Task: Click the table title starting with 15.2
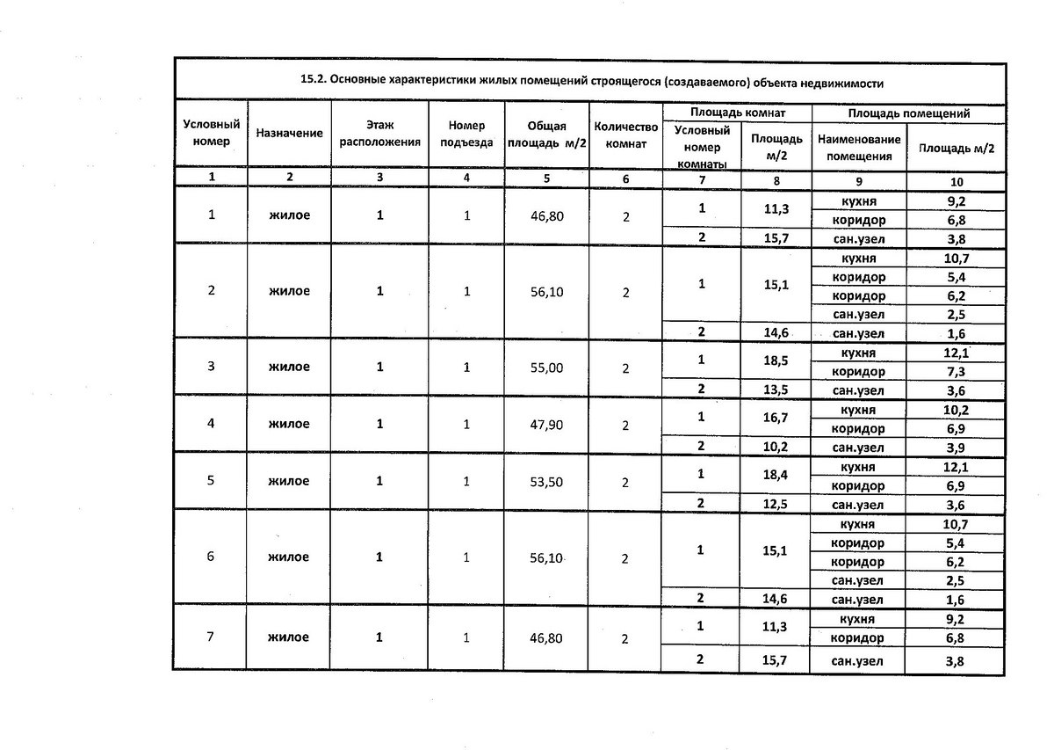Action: pyautogui.click(x=590, y=82)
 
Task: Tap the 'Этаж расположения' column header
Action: pyautogui.click(x=379, y=133)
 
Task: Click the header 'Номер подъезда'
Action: pyautogui.click(x=466, y=133)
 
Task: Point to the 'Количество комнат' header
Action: pyautogui.click(x=625, y=133)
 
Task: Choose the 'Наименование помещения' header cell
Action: pyautogui.click(x=858, y=148)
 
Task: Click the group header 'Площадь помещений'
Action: pyautogui.click(x=908, y=113)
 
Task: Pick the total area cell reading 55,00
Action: pyautogui.click(x=546, y=368)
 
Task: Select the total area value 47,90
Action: pyautogui.click(x=546, y=425)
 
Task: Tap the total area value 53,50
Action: pyautogui.click(x=546, y=482)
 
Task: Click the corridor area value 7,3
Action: pyautogui.click(x=956, y=372)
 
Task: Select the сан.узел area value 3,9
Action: pyautogui.click(x=956, y=447)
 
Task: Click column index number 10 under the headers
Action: pyautogui.click(x=956, y=182)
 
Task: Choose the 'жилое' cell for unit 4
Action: pyautogui.click(x=290, y=425)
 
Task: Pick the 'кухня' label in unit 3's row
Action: pyautogui.click(x=858, y=353)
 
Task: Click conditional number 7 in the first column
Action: pyautogui.click(x=211, y=637)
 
